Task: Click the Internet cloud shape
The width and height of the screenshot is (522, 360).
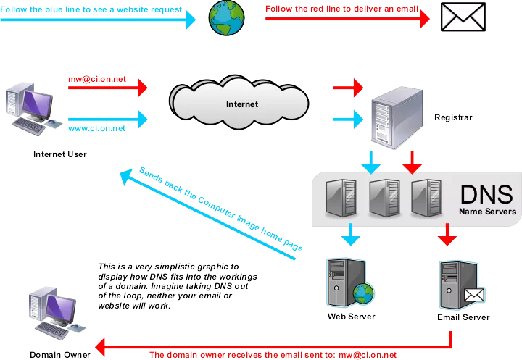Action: tap(241, 104)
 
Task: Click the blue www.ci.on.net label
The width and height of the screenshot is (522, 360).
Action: tap(96, 128)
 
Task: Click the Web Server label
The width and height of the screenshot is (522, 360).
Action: tap(351, 317)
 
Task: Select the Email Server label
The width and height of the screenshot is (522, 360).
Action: tap(463, 317)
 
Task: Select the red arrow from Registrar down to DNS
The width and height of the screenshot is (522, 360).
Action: tap(411, 161)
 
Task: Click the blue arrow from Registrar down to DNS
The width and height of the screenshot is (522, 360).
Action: tap(370, 161)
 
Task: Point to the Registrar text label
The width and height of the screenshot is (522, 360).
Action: tap(453, 117)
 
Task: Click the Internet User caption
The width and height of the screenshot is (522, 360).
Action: tap(59, 154)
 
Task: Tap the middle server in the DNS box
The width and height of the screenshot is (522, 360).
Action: tap(382, 198)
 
